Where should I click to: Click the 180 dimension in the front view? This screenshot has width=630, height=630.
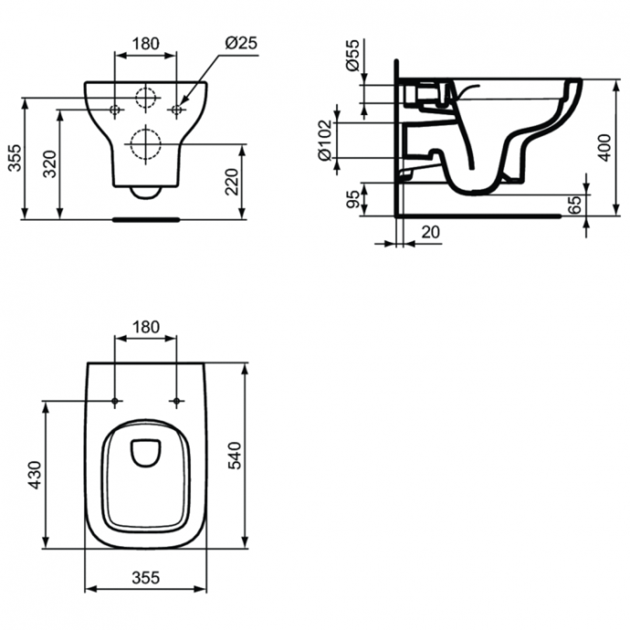point(145,43)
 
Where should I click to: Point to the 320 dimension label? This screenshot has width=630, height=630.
point(51,163)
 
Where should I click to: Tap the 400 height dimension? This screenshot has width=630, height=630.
point(604,146)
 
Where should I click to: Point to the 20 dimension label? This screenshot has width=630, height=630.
point(430,233)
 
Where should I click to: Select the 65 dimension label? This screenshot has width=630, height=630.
point(573,205)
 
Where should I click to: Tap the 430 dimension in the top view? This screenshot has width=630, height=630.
point(36,476)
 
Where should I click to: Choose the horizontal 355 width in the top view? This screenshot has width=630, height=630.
point(144,576)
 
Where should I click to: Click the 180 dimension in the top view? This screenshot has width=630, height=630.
point(145,326)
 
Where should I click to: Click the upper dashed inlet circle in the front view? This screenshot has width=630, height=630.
point(145,98)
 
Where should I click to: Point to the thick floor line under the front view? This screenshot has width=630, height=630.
point(145,219)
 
